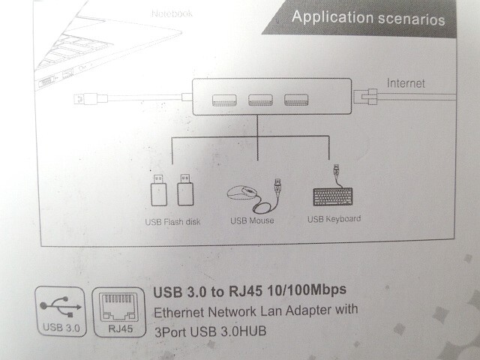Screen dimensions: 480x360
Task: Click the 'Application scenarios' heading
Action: click(x=367, y=18)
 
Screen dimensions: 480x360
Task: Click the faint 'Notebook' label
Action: click(x=172, y=13)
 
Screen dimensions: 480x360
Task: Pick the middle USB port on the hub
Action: click(x=259, y=99)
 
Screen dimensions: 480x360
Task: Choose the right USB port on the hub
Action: click(x=295, y=99)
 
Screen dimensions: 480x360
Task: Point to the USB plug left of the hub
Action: click(x=83, y=99)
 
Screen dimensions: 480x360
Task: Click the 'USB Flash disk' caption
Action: click(x=174, y=222)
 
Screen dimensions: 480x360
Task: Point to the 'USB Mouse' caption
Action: click(x=252, y=220)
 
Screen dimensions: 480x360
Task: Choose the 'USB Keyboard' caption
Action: click(x=334, y=219)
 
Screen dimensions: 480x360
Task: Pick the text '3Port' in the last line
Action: click(x=169, y=330)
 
